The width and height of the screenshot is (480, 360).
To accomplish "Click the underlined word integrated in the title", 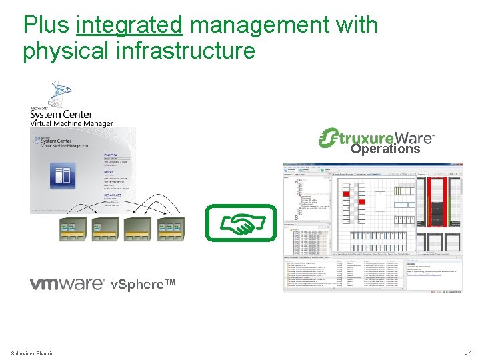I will (x=129, y=25).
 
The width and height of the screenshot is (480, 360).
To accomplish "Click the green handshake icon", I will (x=240, y=223).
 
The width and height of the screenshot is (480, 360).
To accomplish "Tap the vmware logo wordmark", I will (x=67, y=284).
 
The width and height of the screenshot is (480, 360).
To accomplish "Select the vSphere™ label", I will (x=143, y=285).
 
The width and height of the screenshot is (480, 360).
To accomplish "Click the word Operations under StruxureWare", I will (x=385, y=149).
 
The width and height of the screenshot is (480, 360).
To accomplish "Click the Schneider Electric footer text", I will (x=33, y=353).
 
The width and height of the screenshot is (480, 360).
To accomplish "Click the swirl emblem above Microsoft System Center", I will (x=62, y=93).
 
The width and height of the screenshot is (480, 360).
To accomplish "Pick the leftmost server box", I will (x=73, y=229).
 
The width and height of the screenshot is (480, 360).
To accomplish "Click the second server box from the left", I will (x=106, y=229).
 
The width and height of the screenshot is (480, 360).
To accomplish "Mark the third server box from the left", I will (x=138, y=229).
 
